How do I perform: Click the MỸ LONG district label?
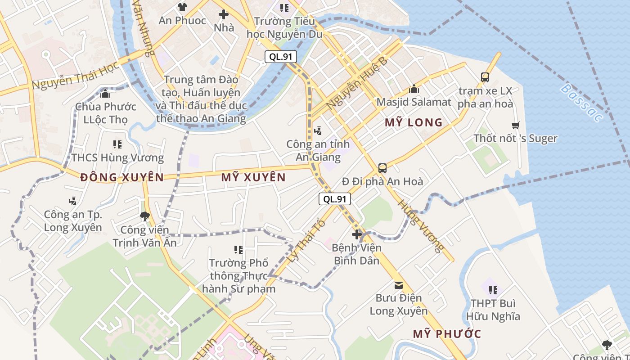(414, 122)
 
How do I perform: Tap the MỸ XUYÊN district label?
(253, 177)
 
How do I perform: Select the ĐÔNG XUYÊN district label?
(122, 177)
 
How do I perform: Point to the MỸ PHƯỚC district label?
(447, 334)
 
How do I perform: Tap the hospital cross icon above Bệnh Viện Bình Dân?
(357, 234)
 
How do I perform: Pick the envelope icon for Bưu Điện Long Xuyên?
(398, 285)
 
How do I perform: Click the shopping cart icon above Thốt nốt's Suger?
(515, 125)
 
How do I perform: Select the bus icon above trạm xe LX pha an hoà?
(485, 77)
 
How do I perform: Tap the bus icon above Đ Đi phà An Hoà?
(382, 168)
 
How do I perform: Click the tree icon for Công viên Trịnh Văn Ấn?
(144, 217)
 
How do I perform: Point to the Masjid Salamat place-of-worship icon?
(414, 89)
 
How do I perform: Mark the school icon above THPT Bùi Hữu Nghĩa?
(493, 290)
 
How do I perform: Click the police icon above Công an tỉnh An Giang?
(318, 131)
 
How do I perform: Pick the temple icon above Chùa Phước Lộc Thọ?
(105, 94)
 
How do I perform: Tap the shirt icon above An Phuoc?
(182, 7)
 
